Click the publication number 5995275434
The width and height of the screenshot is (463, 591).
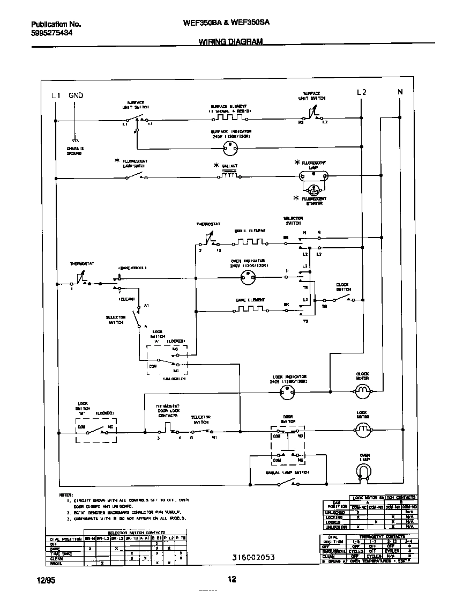click(x=52, y=33)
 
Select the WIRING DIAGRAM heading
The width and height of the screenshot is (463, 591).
click(x=230, y=42)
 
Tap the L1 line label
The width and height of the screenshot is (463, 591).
click(x=56, y=95)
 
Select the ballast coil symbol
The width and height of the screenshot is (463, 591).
click(x=230, y=175)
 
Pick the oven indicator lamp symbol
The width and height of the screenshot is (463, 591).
click(x=247, y=277)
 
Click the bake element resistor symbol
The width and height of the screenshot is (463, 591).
click(x=250, y=310)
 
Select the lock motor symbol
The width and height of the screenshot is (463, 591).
click(x=363, y=429)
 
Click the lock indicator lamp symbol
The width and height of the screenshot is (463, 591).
click(x=288, y=393)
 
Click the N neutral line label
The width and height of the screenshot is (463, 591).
click(x=400, y=92)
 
